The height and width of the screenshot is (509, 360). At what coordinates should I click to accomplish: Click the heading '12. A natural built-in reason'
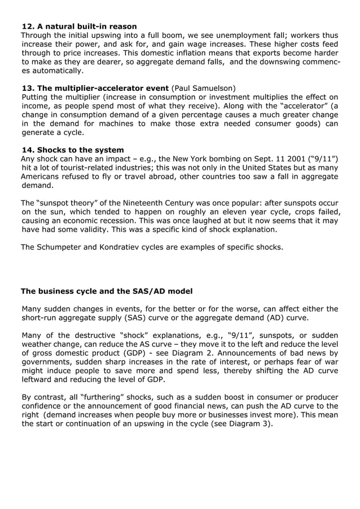coord(79,27)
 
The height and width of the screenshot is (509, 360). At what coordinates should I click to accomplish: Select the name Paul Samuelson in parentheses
coord(204,88)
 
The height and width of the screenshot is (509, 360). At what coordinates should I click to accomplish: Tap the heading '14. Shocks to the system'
coord(73,150)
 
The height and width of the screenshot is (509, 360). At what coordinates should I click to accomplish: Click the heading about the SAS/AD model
coord(107,291)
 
